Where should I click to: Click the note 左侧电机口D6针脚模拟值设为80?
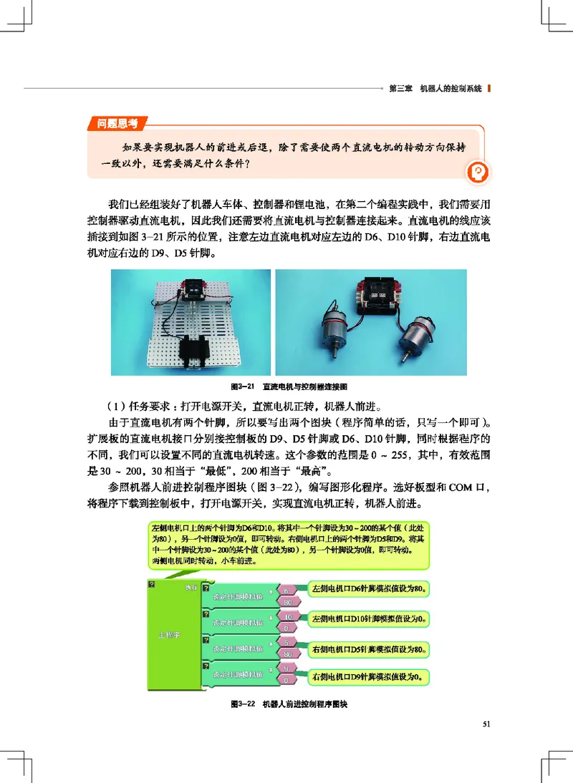point(370,590)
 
